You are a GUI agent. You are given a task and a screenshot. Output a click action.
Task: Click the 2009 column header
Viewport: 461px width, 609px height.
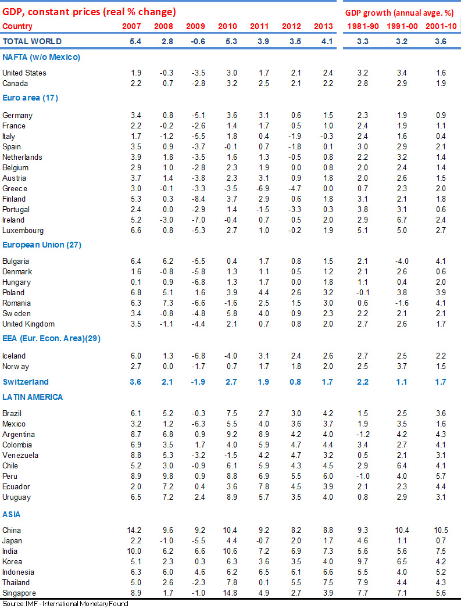click(195, 26)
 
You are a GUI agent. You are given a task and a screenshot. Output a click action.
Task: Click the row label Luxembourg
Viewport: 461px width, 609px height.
click(23, 230)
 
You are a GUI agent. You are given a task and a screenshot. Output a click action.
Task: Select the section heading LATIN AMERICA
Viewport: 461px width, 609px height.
click(33, 397)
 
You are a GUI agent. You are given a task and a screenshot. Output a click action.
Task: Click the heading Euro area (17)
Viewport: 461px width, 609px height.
click(30, 98)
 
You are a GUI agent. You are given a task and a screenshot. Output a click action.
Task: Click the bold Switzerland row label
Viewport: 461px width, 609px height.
click(26, 382)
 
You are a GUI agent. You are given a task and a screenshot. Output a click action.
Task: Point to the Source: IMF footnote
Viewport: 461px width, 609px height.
click(65, 604)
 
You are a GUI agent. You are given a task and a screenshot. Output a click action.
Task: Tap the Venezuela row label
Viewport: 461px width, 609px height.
click(20, 455)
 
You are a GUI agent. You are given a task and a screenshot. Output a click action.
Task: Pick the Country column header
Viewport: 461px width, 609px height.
click(17, 26)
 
